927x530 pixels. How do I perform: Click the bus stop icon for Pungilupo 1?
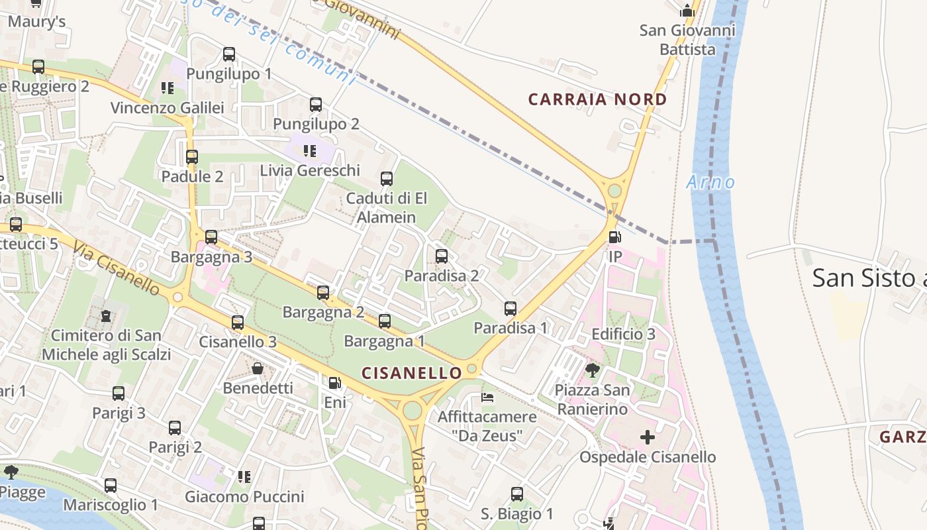pos(229,54)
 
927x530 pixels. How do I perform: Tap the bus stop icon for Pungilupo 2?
pos(316,104)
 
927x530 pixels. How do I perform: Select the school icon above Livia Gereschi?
pos(309,151)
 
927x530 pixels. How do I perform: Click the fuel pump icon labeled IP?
pos(614,237)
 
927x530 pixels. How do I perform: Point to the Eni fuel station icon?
pos(335,382)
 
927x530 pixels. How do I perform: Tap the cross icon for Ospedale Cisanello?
pos(648,437)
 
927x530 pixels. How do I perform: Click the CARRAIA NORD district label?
pos(597,99)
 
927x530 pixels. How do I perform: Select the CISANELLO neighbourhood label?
pos(411,373)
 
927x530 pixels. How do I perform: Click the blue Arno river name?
pos(710,182)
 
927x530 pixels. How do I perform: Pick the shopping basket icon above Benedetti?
pos(258,368)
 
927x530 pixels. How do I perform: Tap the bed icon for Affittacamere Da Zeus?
pos(487,397)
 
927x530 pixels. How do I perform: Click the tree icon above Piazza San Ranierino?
pos(593,370)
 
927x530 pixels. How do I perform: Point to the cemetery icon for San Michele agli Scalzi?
pos(106,316)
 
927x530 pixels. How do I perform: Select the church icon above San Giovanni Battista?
pos(687,11)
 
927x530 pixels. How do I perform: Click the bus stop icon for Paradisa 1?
pos(511,308)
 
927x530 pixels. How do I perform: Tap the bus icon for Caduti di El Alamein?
pos(387,178)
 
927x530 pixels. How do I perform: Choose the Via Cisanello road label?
pos(117,268)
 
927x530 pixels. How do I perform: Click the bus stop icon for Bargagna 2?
pos(323,292)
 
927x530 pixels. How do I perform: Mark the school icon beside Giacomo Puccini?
pos(244,476)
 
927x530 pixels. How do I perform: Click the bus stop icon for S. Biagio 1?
pos(517,494)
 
